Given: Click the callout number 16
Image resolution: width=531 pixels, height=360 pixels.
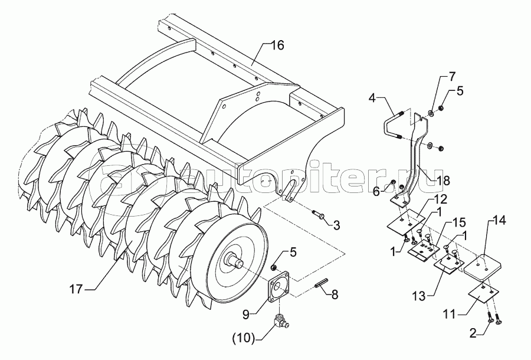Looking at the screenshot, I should pos(278,45).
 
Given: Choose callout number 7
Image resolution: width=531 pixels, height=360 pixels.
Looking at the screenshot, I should pos(452,77).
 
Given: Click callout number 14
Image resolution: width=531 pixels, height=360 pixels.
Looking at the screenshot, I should pos(499,221).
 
